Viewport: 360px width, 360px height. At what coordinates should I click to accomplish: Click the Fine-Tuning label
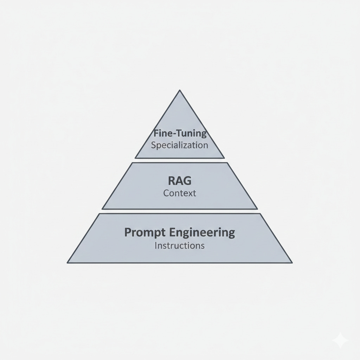point(180,134)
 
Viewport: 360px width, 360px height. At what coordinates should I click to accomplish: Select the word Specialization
point(180,145)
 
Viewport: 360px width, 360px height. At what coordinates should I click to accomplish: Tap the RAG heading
point(180,181)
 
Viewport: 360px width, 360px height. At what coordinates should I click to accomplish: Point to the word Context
point(180,193)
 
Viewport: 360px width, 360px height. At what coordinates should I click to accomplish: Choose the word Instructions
point(180,245)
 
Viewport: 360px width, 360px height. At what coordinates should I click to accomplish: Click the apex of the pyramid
point(180,90)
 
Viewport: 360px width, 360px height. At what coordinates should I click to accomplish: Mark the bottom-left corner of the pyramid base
point(67,263)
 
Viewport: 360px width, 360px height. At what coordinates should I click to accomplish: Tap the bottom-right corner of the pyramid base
point(292,263)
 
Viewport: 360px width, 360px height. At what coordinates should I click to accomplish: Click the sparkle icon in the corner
point(340,340)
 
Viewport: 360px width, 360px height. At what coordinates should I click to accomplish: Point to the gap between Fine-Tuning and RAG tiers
point(180,160)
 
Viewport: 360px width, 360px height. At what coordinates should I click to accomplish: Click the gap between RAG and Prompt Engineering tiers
point(180,211)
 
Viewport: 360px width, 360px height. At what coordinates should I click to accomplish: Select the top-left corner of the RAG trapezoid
point(132,163)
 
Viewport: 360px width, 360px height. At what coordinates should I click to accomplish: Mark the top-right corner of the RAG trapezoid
point(227,163)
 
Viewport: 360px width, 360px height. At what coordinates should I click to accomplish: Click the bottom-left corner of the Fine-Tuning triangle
point(135,158)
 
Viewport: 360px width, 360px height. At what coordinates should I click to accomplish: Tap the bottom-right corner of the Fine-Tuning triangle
point(224,158)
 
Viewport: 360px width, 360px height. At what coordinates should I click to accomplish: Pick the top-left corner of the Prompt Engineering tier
point(99,214)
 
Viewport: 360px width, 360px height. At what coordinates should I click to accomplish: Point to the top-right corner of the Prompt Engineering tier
point(261,214)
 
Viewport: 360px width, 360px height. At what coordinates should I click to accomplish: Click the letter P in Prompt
point(128,233)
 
